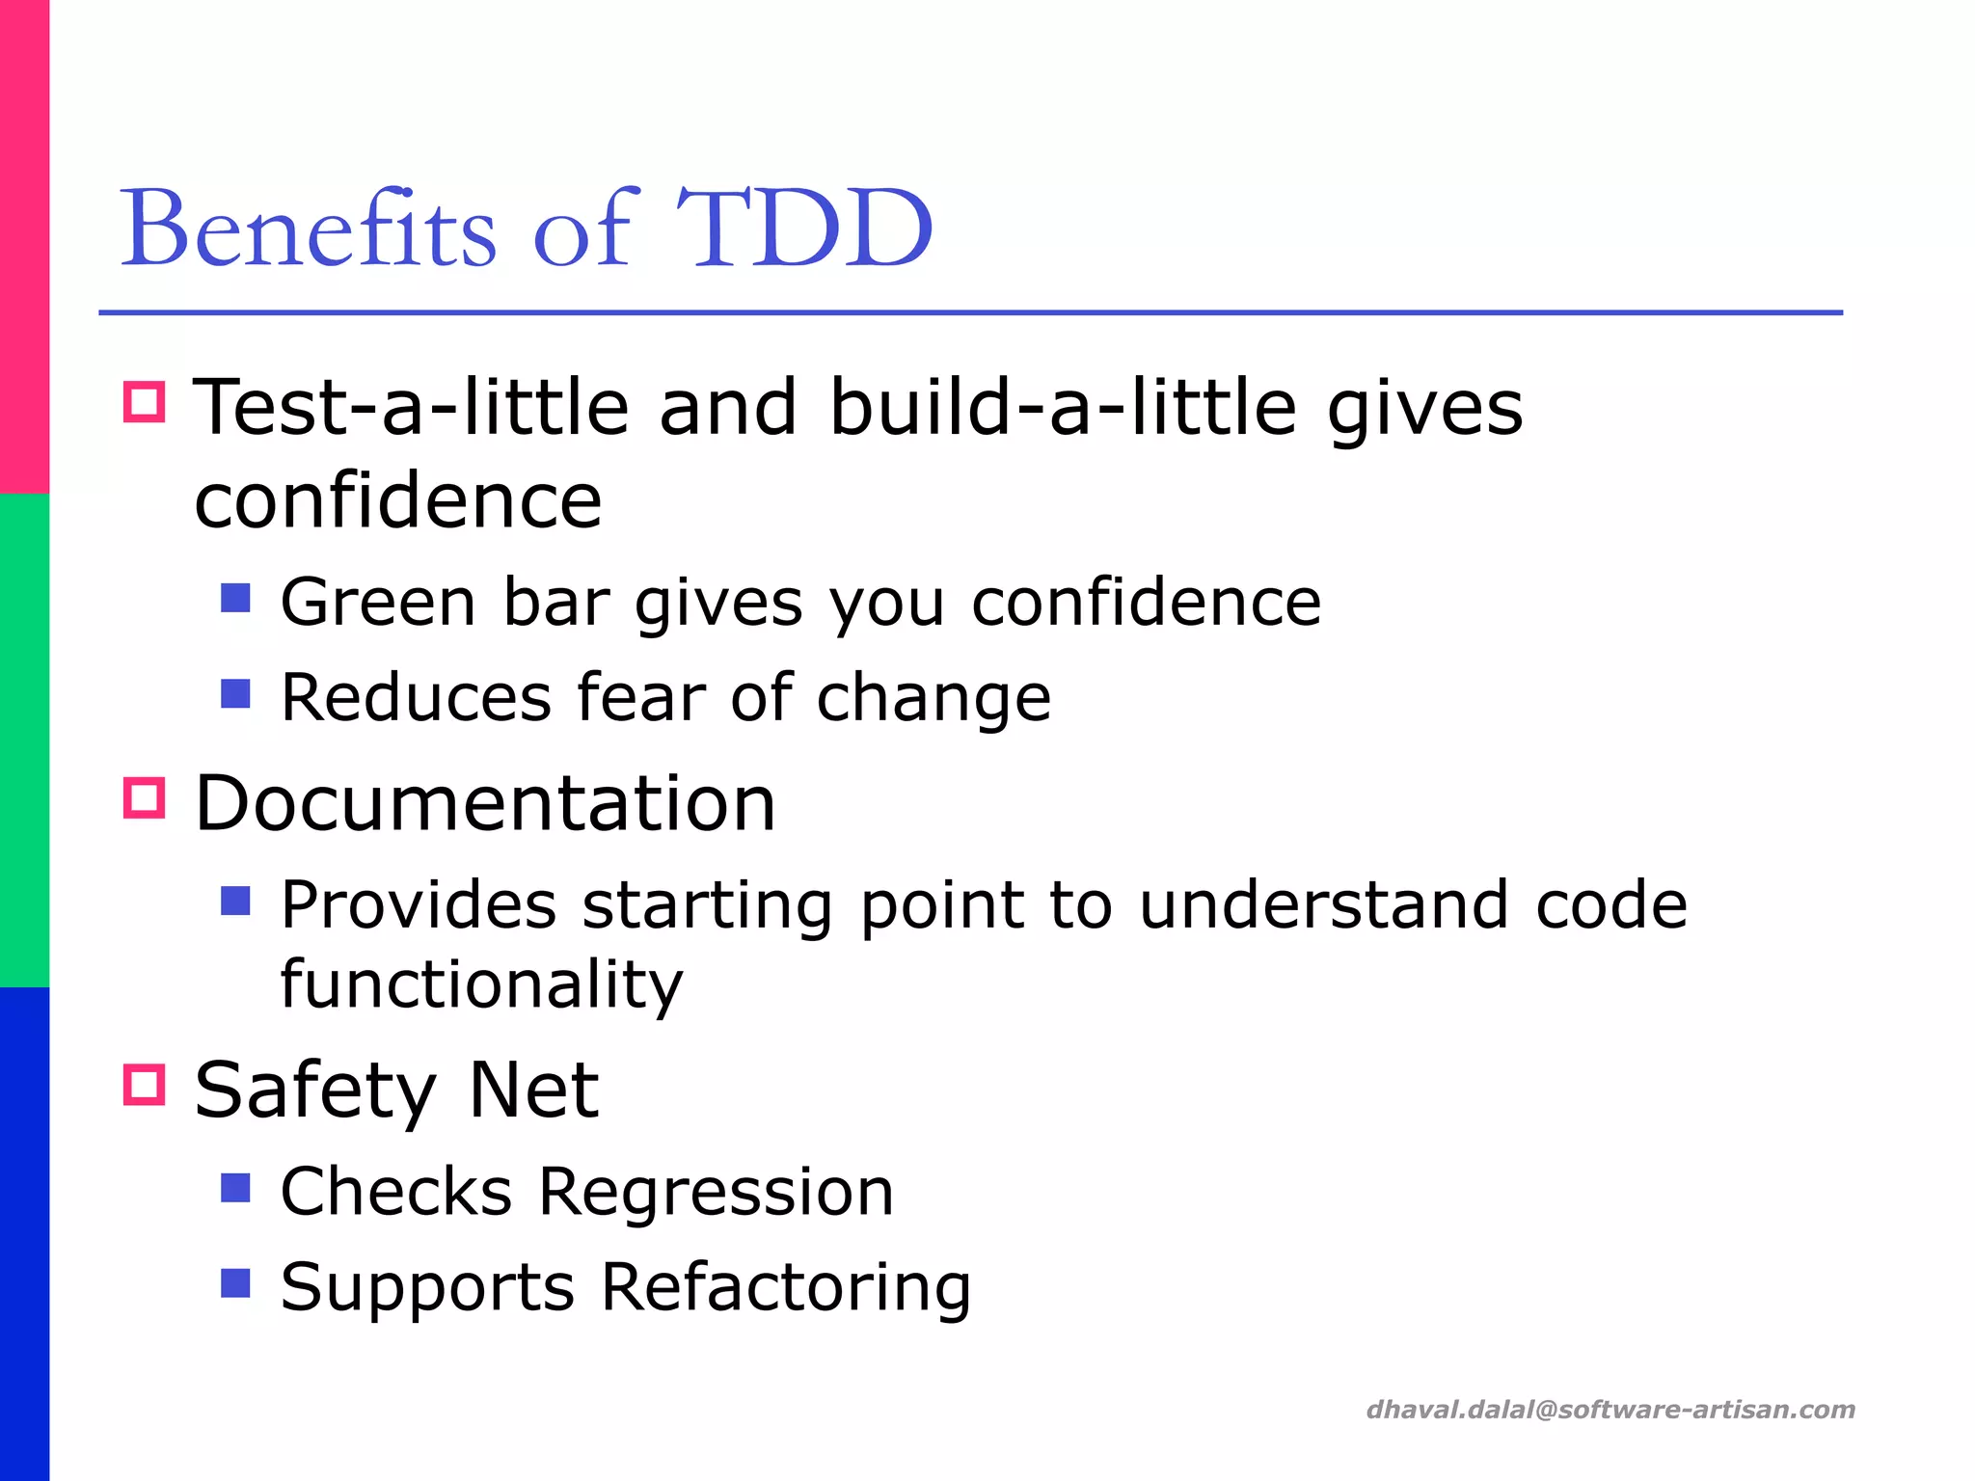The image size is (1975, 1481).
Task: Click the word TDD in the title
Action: click(x=803, y=229)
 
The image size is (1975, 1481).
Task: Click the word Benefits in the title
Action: click(x=309, y=229)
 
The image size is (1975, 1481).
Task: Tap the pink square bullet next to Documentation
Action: click(x=145, y=798)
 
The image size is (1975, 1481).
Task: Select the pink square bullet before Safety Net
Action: click(x=145, y=1085)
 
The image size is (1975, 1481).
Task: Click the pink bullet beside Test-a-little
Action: click(x=145, y=401)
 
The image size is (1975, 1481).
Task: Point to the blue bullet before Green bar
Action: click(x=235, y=598)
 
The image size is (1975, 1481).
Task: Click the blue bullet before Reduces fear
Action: click(x=235, y=693)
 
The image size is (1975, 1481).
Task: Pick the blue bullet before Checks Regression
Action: click(x=235, y=1188)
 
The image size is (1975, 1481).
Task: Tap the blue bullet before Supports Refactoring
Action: click(x=235, y=1283)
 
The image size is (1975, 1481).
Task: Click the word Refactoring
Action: click(x=786, y=1287)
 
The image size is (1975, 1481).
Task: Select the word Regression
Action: click(x=716, y=1193)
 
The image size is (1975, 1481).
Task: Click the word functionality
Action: click(x=481, y=984)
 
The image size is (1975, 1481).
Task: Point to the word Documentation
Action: click(x=485, y=803)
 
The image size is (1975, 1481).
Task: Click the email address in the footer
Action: click(x=1610, y=1410)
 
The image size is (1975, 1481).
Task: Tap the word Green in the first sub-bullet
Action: click(x=378, y=603)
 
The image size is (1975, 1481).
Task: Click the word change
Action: click(x=933, y=699)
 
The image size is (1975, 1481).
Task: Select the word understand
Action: click(x=1323, y=905)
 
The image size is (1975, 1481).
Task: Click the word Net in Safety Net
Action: click(x=532, y=1090)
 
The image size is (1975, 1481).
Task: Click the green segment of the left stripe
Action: click(x=24, y=740)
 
